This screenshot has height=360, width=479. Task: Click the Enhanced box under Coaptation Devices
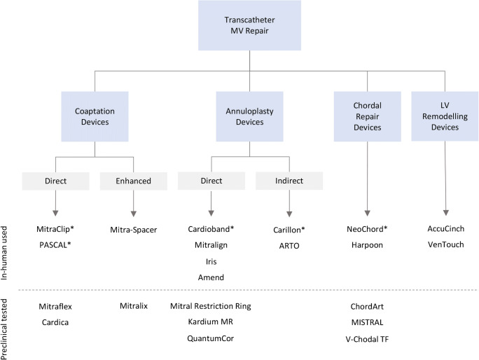133,181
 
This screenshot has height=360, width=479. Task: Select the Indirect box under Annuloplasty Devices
289,181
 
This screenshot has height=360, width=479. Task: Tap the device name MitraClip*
56,229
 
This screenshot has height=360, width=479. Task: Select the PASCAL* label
56,244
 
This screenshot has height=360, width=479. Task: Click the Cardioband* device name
211,229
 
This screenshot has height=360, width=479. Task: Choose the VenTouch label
445,244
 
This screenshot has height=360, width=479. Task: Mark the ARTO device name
290,244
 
